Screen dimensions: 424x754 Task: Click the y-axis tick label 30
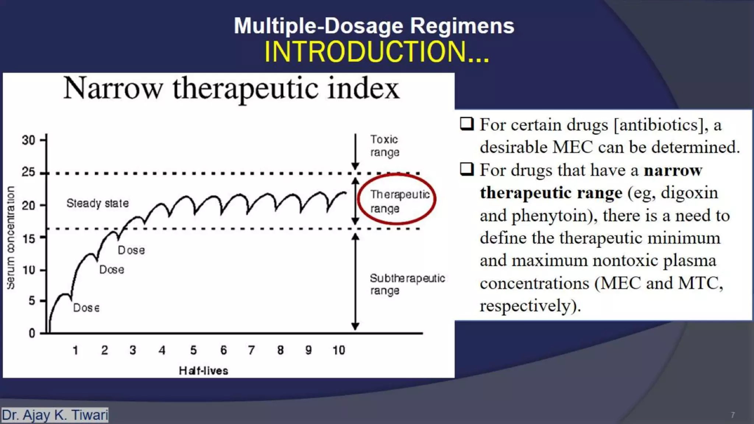click(28, 140)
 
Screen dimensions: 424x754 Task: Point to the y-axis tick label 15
click(28, 239)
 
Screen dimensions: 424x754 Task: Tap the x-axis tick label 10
click(339, 350)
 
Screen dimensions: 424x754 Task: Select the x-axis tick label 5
click(193, 350)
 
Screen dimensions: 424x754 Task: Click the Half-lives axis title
click(203, 371)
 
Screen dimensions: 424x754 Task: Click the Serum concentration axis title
click(11, 237)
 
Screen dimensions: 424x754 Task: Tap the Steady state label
click(98, 203)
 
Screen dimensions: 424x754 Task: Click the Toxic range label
click(384, 146)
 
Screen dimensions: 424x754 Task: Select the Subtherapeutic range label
click(407, 284)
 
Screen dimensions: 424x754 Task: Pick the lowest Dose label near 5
click(86, 308)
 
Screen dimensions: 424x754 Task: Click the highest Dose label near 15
click(131, 250)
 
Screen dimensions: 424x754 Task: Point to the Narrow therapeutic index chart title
click(231, 88)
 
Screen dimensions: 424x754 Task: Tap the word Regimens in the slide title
click(462, 26)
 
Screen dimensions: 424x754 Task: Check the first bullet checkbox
click(467, 124)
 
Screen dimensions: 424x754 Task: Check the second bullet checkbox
click(467, 169)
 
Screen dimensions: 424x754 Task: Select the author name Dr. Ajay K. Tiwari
click(54, 415)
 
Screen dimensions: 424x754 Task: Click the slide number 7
click(733, 415)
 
